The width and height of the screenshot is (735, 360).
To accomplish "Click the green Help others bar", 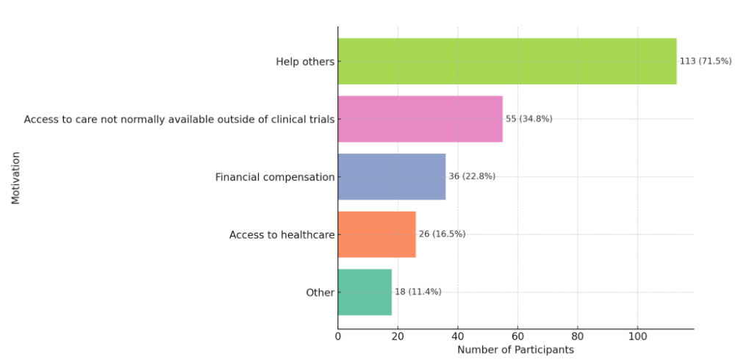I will click(x=507, y=61).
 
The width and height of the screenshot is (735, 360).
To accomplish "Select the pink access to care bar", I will click(x=420, y=119).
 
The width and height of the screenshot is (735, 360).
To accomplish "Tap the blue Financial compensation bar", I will click(x=392, y=176).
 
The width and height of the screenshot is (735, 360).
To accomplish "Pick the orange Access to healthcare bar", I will click(x=377, y=234).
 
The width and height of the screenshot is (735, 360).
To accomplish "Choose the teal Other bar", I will click(x=365, y=292).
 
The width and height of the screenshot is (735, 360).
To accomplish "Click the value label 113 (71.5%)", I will click(x=706, y=61).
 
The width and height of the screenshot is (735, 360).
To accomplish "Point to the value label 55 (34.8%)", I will click(x=528, y=119).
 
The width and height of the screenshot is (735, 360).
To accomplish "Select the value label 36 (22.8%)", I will click(x=472, y=176).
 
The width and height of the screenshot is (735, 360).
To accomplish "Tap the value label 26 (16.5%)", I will click(x=442, y=234).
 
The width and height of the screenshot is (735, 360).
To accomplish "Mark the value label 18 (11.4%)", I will click(x=417, y=292).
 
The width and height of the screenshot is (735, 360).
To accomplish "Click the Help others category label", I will click(x=305, y=62).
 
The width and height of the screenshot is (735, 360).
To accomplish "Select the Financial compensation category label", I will click(x=275, y=177).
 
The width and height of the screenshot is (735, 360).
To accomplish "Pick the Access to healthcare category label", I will click(x=282, y=235).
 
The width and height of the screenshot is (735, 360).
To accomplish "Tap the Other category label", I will click(x=320, y=292).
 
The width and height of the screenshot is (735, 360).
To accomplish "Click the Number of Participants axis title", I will click(x=515, y=350).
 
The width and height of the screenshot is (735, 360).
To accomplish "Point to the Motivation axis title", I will click(x=15, y=177).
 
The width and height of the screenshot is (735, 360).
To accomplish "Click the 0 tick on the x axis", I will click(x=338, y=337).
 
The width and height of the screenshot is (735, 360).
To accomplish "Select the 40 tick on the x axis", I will click(x=458, y=337).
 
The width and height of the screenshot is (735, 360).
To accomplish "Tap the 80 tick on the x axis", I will click(x=578, y=337).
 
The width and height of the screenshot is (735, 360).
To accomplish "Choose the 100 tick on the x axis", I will click(x=637, y=337).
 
